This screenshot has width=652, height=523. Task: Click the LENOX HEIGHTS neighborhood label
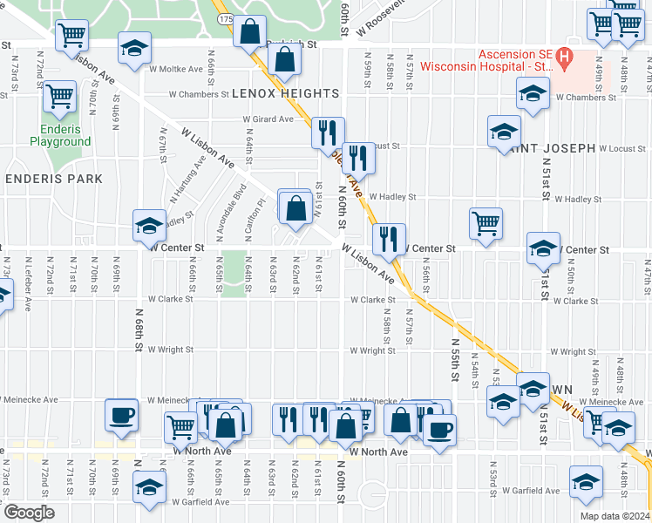[x=284, y=93]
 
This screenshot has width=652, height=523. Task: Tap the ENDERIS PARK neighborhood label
[x=54, y=179]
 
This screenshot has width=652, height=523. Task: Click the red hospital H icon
[x=564, y=58]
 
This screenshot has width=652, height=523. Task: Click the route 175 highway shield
[x=227, y=17]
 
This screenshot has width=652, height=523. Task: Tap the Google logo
[x=28, y=513]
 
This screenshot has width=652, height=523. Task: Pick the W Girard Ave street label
[x=268, y=119]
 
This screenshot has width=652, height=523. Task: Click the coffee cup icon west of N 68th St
[x=121, y=414]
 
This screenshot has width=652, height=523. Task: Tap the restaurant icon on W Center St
[x=388, y=238]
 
